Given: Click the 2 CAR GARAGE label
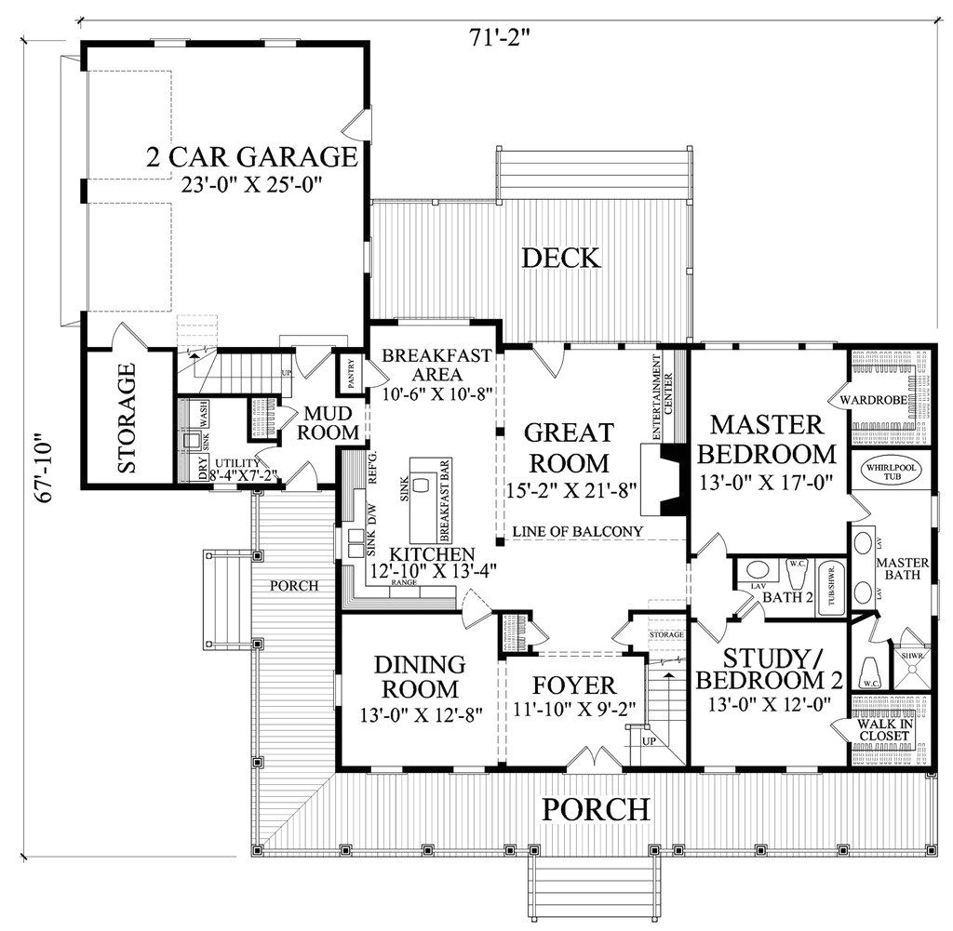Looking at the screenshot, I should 252,156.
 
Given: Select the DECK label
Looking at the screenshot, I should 559,258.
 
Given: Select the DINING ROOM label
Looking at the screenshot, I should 419,677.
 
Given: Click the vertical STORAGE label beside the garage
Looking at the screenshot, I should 128,418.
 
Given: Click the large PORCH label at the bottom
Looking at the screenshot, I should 596,808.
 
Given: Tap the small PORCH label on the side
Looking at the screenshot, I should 294,586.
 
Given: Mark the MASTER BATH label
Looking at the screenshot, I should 897,569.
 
